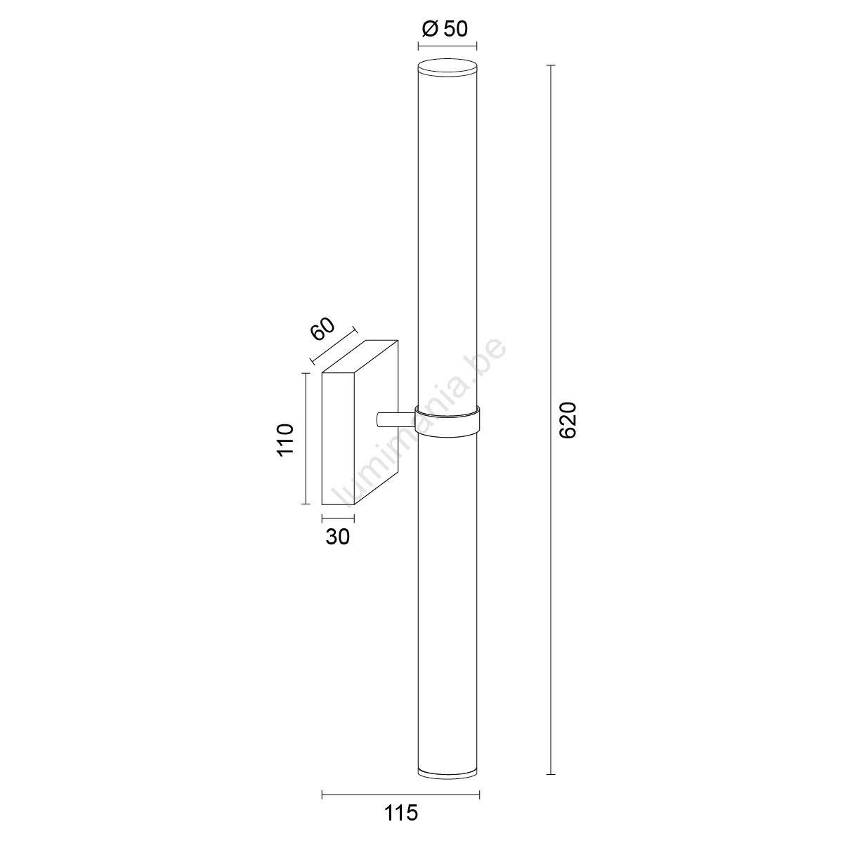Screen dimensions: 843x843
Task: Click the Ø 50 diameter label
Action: pos(445,30)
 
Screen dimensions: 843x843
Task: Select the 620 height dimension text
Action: pos(569,420)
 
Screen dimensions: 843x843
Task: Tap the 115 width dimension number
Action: pos(401,813)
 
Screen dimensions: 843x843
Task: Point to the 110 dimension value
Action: pos(285,440)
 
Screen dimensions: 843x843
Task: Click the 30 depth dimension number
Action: pos(337,537)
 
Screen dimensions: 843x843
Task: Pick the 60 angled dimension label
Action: pos(322,329)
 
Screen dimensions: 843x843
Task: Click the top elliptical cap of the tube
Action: pos(447,68)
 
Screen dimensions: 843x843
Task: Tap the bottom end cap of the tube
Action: pos(447,785)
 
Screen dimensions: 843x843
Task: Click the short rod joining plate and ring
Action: pos(396,419)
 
